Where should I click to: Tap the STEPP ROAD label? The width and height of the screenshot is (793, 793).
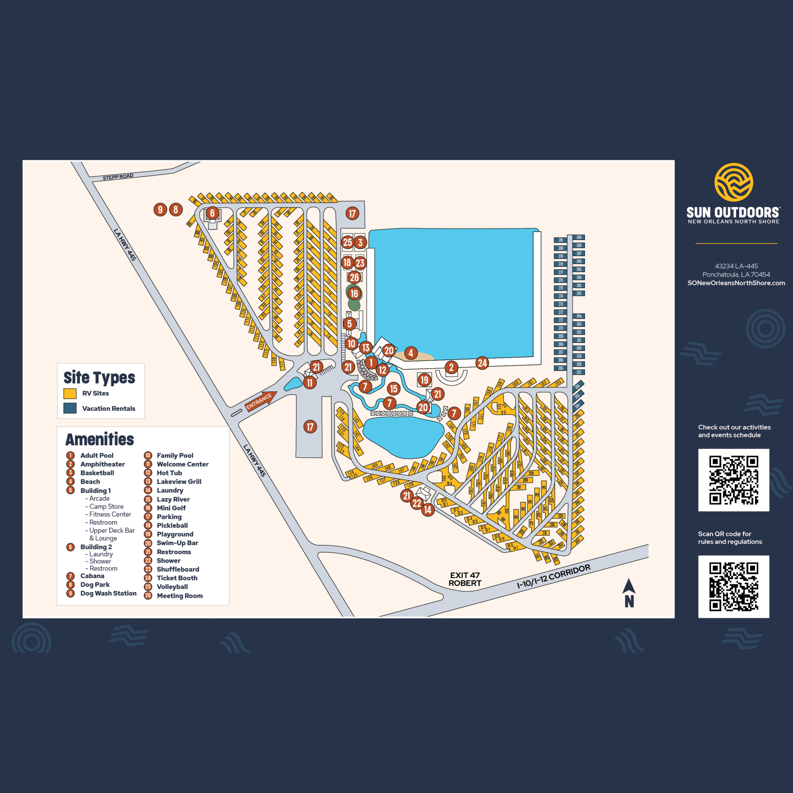[x=118, y=177]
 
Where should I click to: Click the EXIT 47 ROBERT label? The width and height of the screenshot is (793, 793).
[x=465, y=579]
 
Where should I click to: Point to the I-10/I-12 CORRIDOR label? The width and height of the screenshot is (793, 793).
[x=553, y=576]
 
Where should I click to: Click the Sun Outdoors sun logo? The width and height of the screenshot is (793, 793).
[x=733, y=182]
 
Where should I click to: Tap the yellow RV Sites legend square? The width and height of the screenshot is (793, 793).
[x=70, y=394]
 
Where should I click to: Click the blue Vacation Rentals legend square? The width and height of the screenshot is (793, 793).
[x=70, y=408]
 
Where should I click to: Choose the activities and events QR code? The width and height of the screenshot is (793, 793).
[x=733, y=480]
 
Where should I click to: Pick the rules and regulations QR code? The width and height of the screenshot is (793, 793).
[x=733, y=587]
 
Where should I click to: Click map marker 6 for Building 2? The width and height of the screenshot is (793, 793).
[x=212, y=213]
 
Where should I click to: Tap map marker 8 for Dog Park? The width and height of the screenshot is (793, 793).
[x=176, y=210]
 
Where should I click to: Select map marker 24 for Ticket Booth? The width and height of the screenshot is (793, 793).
[x=482, y=363]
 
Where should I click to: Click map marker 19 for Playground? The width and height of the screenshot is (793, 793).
[x=424, y=380]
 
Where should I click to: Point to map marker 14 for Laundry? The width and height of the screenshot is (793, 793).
[x=428, y=510]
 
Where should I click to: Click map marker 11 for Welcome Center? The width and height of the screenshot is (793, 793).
[x=310, y=383]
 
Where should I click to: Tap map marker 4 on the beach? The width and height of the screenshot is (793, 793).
[x=411, y=353]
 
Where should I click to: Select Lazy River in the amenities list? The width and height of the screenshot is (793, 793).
[x=173, y=499]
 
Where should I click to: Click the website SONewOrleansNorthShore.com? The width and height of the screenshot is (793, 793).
[x=736, y=283]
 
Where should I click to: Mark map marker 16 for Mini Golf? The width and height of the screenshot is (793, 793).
[x=354, y=294]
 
